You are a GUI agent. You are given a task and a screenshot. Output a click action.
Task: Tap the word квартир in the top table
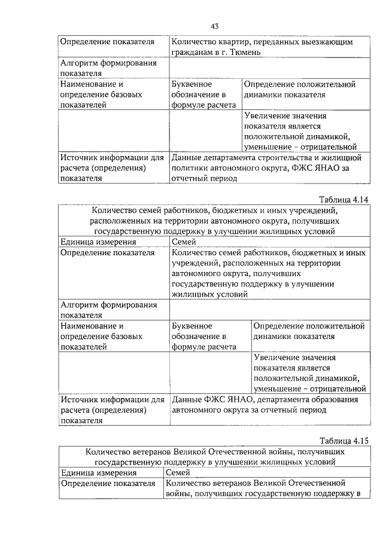click(x=238, y=42)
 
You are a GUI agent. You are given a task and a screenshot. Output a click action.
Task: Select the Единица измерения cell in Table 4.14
click(x=98, y=242)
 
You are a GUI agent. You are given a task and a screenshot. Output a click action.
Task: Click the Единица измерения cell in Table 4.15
click(x=98, y=473)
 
